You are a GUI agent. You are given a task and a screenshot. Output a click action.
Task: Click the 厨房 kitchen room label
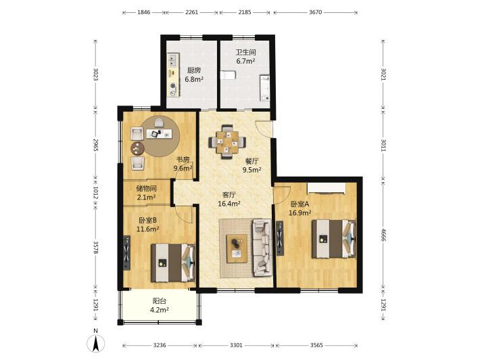[x=194, y=70]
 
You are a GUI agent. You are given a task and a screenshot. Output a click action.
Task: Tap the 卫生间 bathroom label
[x=245, y=52]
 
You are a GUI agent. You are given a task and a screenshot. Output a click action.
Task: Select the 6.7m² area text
[x=245, y=61]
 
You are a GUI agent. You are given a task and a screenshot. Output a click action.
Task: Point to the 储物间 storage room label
[x=146, y=188]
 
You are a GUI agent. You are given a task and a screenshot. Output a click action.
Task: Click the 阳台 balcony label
[x=160, y=301]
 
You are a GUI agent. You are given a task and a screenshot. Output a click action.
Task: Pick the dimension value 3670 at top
[x=315, y=12]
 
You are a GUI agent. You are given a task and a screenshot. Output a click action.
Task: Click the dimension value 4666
[x=383, y=234]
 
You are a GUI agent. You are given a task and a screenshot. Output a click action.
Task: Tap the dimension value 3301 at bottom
[x=236, y=345]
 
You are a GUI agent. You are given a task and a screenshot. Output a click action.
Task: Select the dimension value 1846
[x=143, y=12]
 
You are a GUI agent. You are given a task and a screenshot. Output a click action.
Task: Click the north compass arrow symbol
[x=96, y=343]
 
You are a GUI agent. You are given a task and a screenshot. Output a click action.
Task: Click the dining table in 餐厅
[x=227, y=142]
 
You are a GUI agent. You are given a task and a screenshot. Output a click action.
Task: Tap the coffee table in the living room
[x=237, y=248]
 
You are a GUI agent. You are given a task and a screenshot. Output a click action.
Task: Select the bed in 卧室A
[x=334, y=239]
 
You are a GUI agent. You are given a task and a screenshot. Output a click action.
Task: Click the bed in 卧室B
[x=173, y=263]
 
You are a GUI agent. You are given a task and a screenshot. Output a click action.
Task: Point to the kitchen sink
[x=173, y=60]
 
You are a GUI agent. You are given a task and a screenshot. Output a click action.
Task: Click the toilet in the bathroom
[x=228, y=75]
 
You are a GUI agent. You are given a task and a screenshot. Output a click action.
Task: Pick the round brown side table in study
[x=138, y=148]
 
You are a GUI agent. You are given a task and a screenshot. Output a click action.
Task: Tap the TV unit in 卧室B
[x=126, y=253]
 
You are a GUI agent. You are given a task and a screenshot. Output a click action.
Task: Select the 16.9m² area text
[x=300, y=212]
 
